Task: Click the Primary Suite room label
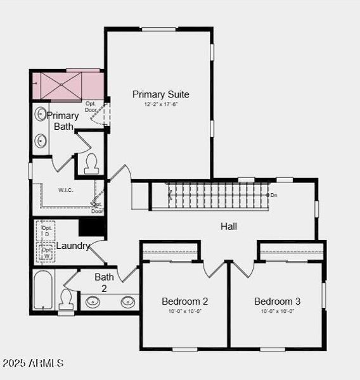[x=160, y=94]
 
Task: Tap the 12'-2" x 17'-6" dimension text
[x=160, y=104]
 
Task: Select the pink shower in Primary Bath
[x=68, y=86]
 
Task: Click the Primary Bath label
[x=63, y=121]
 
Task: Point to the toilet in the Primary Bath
[x=91, y=163]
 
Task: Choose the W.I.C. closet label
[x=67, y=189]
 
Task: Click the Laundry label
[x=74, y=246]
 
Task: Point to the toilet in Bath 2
[x=66, y=298]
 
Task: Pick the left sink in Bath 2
[x=94, y=301]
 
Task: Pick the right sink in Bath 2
[x=127, y=301]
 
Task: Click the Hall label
[x=229, y=226]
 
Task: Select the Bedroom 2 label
[x=184, y=301]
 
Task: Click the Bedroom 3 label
[x=277, y=301]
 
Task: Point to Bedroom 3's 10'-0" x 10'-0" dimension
[x=277, y=311]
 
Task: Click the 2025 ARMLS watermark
[x=33, y=363]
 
